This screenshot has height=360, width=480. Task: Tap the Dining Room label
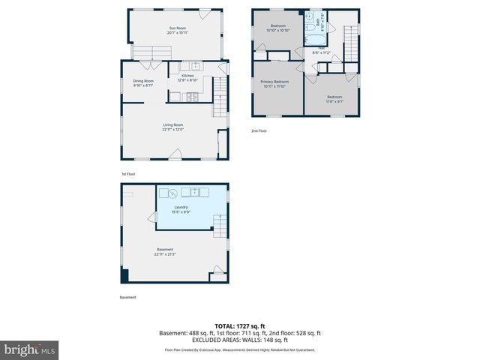coord(143,81)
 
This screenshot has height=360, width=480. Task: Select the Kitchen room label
coord(187,76)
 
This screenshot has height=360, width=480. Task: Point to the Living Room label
coord(173,125)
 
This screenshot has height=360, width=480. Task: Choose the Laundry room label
coord(181,207)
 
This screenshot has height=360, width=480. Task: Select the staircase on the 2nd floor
coord(351,42)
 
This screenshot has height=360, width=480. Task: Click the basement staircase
coord(220,223)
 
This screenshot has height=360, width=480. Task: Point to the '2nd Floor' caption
coord(259,131)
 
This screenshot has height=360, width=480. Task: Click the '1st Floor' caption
coord(128,174)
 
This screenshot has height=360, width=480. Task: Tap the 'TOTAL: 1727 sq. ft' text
coord(239,325)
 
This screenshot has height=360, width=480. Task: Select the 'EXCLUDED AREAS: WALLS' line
coord(239,340)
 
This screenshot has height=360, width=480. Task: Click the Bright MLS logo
coord(29,349)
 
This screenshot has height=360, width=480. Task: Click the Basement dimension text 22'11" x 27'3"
coord(165,254)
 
